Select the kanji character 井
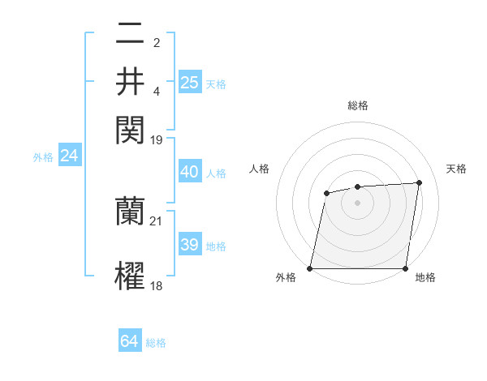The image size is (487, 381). pos(130,81)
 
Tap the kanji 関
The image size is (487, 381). pos(130,129)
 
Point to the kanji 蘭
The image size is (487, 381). pos(130,212)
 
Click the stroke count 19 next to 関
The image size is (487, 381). pos(157,139)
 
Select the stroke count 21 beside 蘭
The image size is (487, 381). pos(157,220)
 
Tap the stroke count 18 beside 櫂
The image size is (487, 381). pos(157,285)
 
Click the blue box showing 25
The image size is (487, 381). pos(189,82)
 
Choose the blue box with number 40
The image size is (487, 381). pos(189,172)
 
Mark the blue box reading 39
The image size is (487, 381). pos(189,245)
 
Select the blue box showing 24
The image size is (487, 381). pos(69,156)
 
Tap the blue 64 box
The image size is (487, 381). pos(129,341)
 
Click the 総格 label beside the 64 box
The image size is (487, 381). pos(156,343)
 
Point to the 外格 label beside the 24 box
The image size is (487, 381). pos(43,157)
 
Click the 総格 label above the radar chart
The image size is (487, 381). pos(358,105)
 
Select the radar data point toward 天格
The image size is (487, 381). pos(419,182)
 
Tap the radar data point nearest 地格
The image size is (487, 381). pos(405,268)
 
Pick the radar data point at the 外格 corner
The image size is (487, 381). pos(310,268)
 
